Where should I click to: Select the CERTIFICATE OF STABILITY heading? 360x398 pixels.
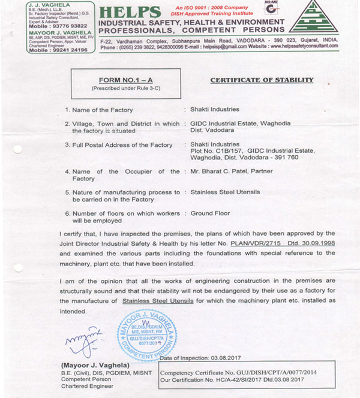[262, 80]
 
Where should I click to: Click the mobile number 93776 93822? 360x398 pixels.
[63, 27]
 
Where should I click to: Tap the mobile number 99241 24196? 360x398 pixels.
[66, 50]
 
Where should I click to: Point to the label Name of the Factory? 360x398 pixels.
[103, 110]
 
